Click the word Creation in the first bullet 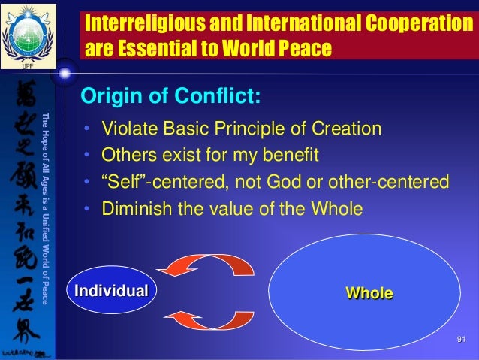click(350, 129)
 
